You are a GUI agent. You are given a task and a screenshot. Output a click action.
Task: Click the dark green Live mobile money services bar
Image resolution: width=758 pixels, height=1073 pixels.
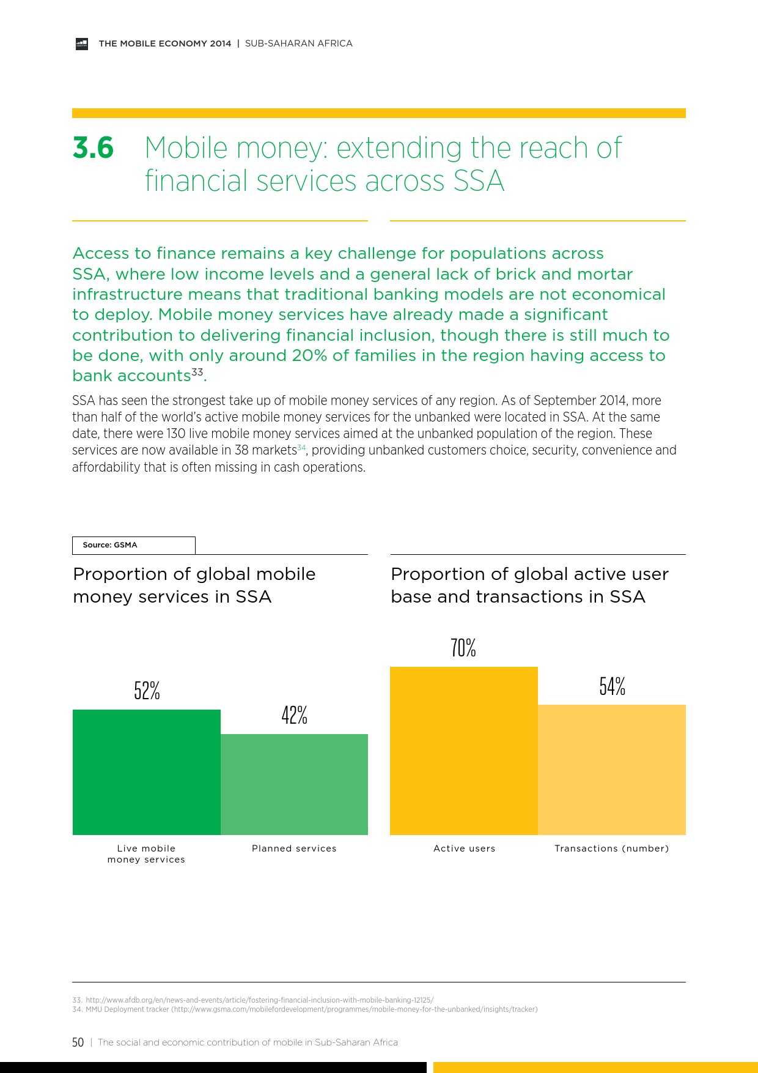[147, 772]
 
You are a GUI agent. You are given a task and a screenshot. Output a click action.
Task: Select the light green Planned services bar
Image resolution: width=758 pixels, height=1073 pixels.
[294, 784]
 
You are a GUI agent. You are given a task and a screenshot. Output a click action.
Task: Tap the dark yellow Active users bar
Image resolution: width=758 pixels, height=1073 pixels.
[463, 751]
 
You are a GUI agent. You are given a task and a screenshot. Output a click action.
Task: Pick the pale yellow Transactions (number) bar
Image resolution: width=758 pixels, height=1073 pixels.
[612, 770]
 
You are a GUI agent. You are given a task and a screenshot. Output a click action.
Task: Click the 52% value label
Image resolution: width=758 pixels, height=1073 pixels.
[147, 691]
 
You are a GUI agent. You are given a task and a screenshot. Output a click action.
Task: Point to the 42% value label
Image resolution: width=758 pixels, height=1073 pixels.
[294, 715]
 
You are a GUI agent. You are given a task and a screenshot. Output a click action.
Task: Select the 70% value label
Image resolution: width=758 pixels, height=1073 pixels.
[463, 648]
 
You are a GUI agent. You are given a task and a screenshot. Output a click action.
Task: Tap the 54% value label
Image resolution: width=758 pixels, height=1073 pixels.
[612, 686]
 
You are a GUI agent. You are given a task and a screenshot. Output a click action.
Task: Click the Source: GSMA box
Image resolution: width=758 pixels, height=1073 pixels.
[134, 545]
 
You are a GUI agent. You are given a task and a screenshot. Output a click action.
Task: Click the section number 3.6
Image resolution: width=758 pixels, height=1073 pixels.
[93, 148]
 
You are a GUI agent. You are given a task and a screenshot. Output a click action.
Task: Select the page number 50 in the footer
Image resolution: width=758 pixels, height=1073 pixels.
[78, 1042]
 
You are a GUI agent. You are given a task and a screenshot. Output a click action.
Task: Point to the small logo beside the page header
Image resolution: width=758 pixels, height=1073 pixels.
[82, 43]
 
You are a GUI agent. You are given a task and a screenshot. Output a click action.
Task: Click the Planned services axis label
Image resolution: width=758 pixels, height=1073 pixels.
[294, 848]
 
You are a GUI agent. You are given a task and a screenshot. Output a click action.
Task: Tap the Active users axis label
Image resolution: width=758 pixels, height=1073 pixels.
[464, 848]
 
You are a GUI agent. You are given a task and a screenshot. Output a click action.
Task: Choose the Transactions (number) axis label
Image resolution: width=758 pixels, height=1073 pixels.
[611, 848]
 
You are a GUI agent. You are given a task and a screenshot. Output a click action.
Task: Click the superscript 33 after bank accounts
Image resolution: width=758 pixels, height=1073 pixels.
[197, 371]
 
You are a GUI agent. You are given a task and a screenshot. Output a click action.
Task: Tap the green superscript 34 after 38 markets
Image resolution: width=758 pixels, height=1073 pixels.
[301, 448]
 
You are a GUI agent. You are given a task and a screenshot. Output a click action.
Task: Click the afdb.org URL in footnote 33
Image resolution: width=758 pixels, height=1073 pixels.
[259, 1000]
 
